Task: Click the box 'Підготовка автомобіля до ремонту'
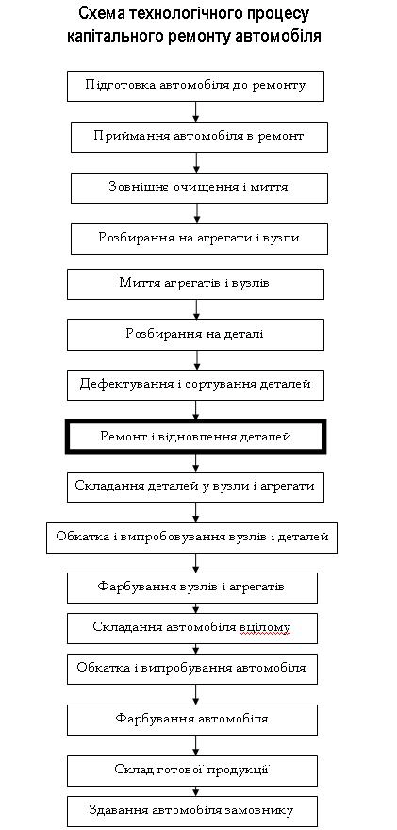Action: [x=195, y=86]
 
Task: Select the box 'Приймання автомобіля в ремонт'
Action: [x=199, y=137]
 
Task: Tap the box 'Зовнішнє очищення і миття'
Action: [x=199, y=188]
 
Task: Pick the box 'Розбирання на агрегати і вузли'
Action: [x=199, y=239]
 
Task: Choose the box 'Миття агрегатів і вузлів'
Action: [x=195, y=284]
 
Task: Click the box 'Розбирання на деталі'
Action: [x=195, y=335]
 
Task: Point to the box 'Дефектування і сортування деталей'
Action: [x=195, y=385]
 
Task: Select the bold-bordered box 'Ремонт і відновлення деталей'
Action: [x=195, y=437]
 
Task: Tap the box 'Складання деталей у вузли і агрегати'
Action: [x=195, y=487]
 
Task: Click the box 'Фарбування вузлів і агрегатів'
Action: [x=192, y=588]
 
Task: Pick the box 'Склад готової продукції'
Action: [x=192, y=771]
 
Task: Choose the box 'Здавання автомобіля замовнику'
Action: [x=192, y=811]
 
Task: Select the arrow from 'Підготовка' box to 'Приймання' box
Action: [x=196, y=111]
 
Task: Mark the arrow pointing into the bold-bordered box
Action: [x=196, y=410]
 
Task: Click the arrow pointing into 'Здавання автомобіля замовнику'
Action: [x=196, y=790]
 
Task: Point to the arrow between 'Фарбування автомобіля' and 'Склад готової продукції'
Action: [x=196, y=745]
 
